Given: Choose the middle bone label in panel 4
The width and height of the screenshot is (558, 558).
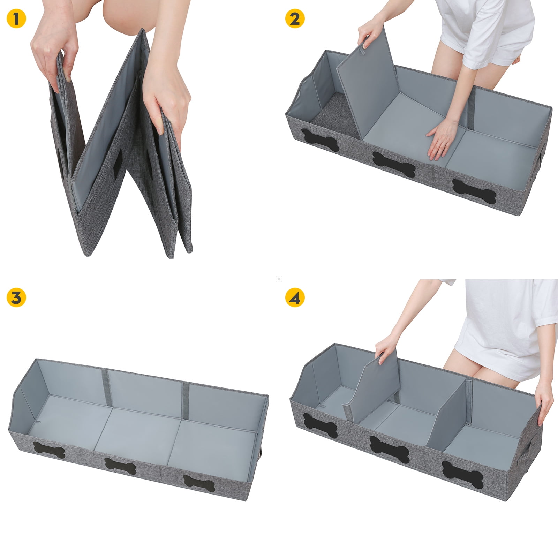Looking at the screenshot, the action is (x=389, y=446).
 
